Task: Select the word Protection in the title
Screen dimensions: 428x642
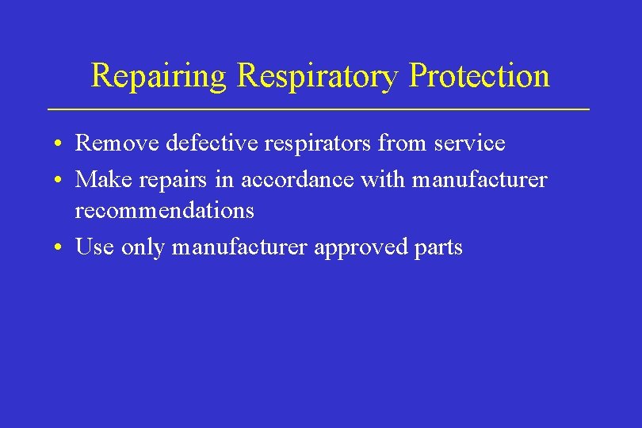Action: pyautogui.click(x=479, y=76)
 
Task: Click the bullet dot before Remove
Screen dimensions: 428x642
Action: pyautogui.click(x=60, y=144)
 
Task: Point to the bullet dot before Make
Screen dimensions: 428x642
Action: pyautogui.click(x=60, y=181)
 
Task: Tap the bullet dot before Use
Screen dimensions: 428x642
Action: pyautogui.click(x=60, y=248)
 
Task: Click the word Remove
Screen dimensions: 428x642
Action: pyautogui.click(x=117, y=143)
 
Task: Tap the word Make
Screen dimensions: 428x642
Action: pyautogui.click(x=103, y=180)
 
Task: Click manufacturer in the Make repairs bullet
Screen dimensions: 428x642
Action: pyautogui.click(x=480, y=180)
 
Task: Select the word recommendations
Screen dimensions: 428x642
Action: pyautogui.click(x=165, y=210)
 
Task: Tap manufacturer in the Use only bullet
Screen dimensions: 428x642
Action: pyautogui.click(x=240, y=247)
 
